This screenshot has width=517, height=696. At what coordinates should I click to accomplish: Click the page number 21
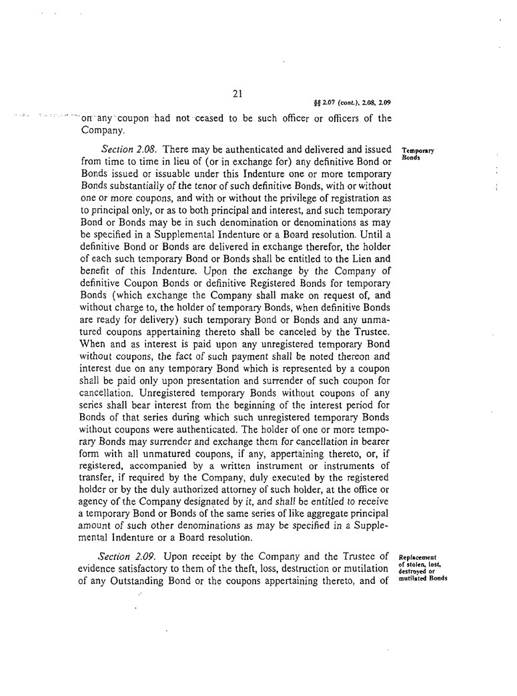tap(237, 95)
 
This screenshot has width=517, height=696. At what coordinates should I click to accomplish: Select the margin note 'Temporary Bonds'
tap(418, 154)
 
